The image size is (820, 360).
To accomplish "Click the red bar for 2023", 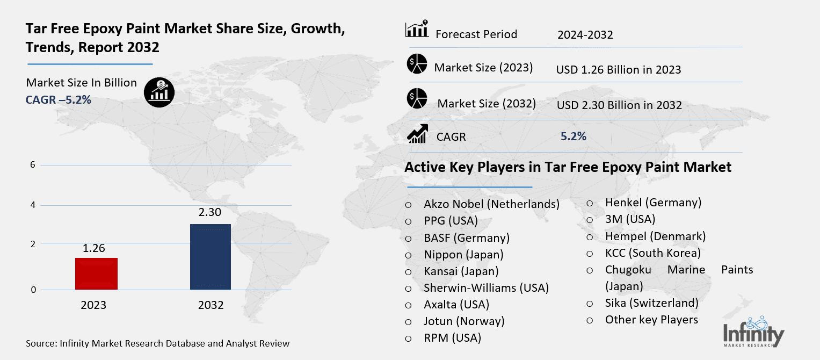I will click(x=96, y=273).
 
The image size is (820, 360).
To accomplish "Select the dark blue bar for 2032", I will click(x=211, y=256).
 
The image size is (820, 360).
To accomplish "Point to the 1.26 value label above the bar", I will click(x=93, y=248).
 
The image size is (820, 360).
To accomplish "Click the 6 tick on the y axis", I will click(x=33, y=165).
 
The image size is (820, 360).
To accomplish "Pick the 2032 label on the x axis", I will click(x=211, y=305).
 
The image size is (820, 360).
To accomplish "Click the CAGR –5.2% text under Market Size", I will click(x=59, y=99).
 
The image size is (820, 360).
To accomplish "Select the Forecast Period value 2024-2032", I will click(x=585, y=35).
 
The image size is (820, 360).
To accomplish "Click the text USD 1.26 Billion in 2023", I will click(x=619, y=70).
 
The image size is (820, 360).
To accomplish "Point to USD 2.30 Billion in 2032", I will click(x=619, y=105).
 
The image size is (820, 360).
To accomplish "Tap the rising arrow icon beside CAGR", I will click(x=417, y=134).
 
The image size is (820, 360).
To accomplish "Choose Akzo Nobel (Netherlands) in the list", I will click(x=491, y=204).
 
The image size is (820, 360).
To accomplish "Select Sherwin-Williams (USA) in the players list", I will click(x=486, y=287).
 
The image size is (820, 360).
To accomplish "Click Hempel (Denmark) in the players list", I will click(x=655, y=236).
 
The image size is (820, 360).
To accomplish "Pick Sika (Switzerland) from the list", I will click(x=651, y=303).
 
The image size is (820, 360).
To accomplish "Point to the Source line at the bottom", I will click(x=158, y=343).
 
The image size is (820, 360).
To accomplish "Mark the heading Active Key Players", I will click(x=568, y=167).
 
